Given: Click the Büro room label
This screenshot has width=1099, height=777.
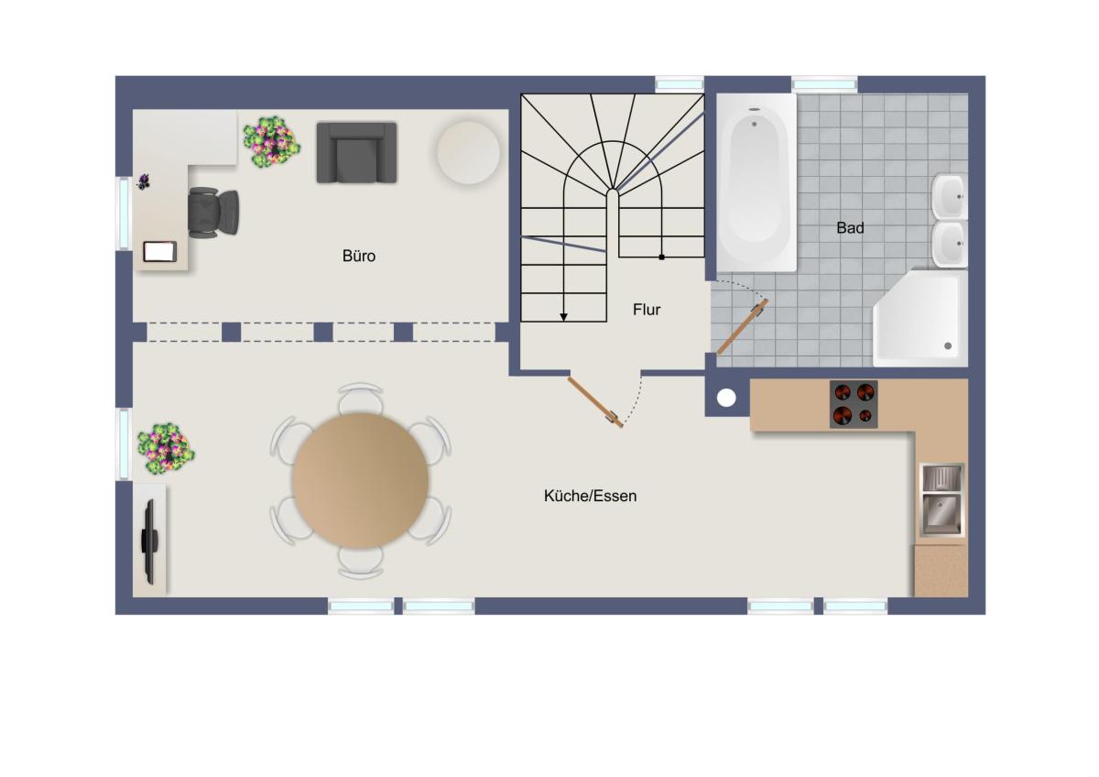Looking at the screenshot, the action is click(x=359, y=256).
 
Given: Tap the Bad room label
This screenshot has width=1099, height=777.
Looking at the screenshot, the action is click(x=850, y=228).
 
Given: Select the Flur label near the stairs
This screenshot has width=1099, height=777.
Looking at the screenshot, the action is click(x=647, y=309).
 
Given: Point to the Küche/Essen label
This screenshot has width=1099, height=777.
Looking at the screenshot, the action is click(x=590, y=496).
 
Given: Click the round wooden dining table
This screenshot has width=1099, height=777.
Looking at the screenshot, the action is click(x=361, y=480).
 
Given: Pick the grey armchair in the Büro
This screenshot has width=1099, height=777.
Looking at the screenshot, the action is click(x=356, y=153).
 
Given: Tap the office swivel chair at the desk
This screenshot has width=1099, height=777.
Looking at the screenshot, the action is click(x=213, y=213).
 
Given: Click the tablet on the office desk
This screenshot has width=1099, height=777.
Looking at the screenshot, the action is click(x=160, y=252).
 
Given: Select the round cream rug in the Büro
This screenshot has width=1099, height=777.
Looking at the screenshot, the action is click(x=468, y=153).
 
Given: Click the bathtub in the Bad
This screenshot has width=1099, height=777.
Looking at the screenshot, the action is click(x=756, y=182).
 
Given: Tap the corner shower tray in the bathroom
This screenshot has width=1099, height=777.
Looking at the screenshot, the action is click(x=920, y=318).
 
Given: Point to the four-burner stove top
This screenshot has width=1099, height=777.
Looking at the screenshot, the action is click(x=854, y=404).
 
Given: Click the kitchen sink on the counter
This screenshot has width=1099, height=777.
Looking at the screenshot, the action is click(x=941, y=500).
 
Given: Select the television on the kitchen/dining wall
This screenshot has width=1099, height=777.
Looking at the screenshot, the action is click(x=149, y=542).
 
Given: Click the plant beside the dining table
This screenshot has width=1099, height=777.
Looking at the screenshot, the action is click(x=166, y=449).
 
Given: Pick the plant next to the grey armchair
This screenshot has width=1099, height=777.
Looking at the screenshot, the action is click(x=271, y=142).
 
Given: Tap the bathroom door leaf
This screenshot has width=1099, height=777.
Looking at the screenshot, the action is click(x=743, y=327).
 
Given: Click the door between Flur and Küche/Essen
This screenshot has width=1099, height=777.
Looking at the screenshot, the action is click(x=595, y=402).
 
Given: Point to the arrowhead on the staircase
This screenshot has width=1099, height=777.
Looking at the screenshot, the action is click(x=564, y=317).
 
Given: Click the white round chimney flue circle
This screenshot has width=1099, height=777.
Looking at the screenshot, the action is click(x=726, y=398).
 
